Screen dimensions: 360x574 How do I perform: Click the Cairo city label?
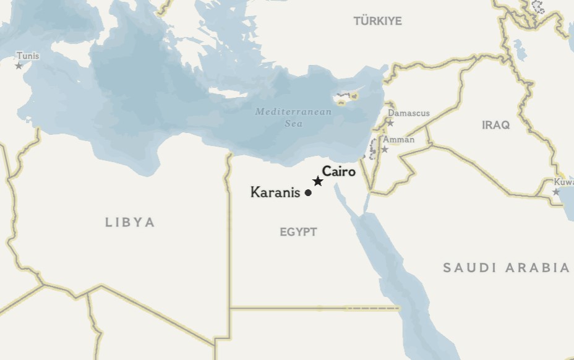(339, 171)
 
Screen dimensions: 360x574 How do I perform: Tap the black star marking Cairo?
(318, 181)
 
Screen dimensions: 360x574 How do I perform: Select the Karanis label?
(275, 192)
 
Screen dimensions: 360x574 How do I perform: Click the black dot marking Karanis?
(308, 193)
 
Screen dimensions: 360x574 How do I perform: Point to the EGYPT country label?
(298, 233)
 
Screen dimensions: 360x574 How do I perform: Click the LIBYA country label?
(130, 223)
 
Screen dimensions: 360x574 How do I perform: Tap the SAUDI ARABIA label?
(506, 268)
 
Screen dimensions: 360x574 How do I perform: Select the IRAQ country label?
(496, 126)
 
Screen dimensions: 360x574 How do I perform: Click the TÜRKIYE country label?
(377, 21)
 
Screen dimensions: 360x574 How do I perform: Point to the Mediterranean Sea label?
(293, 118)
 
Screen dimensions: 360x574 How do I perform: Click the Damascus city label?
(408, 113)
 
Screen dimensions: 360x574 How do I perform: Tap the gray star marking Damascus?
(390, 123)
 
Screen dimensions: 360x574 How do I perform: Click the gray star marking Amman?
(385, 149)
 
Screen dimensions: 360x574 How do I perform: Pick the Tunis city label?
(27, 56)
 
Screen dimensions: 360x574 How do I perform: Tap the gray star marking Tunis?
(19, 66)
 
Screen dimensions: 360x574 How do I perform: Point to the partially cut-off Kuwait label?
(563, 182)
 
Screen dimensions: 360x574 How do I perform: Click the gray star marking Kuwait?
(555, 192)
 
